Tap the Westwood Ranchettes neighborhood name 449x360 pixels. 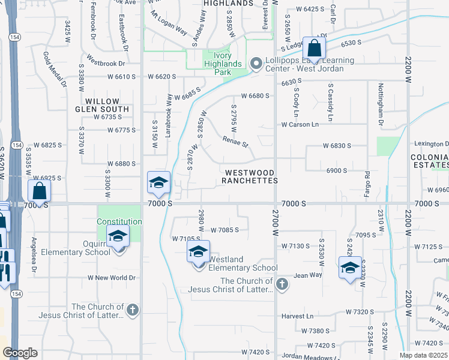pyautogui.click(x=250, y=176)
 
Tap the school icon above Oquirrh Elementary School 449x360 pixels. pyautogui.click(x=118, y=236)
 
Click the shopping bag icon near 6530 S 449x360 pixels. pyautogui.click(x=314, y=48)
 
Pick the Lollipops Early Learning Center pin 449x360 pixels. pyautogui.click(x=257, y=64)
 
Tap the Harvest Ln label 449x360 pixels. pyautogui.click(x=297, y=316)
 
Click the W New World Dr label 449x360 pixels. pyautogui.click(x=112, y=278)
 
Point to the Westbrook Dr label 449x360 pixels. pyautogui.click(x=105, y=62)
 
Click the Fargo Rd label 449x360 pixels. pyautogui.click(x=367, y=182)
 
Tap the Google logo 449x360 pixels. pyautogui.click(x=20, y=353)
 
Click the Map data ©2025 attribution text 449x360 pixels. pyautogui.click(x=423, y=355)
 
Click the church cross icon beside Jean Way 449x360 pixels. pyautogui.click(x=282, y=283)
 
